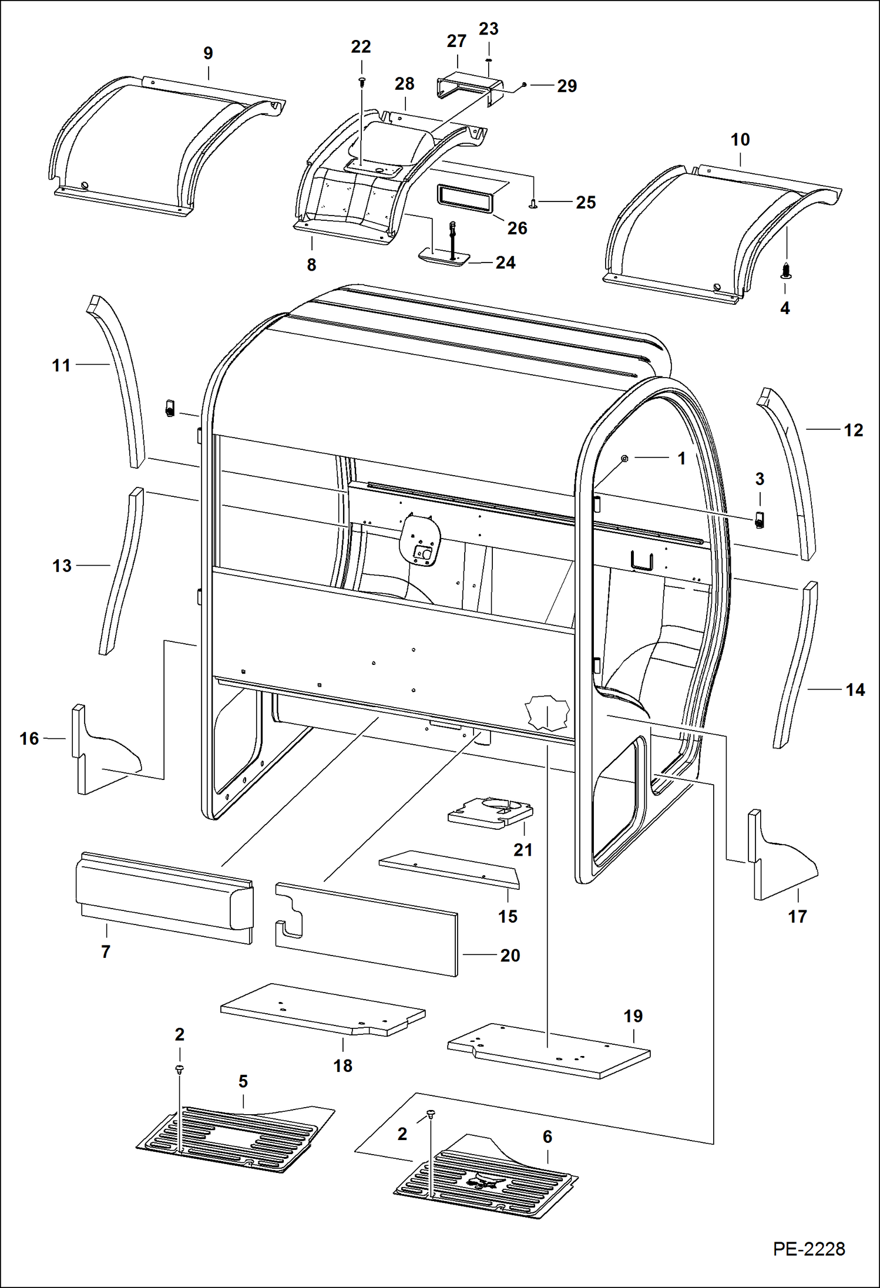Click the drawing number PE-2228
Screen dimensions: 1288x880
tap(808, 1249)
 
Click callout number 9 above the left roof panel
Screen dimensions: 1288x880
tap(208, 53)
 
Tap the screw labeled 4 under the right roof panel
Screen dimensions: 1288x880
tap(786, 271)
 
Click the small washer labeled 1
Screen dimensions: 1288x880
tap(624, 458)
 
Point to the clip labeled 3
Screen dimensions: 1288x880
tap(759, 520)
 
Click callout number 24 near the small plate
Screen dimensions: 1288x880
tap(505, 263)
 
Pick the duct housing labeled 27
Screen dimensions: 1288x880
tap(467, 88)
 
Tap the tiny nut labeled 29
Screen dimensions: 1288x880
tap(524, 86)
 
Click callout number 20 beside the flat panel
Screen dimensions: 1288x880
tap(510, 956)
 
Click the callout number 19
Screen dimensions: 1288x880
tap(633, 1016)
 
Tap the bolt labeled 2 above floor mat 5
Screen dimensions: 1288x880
tap(179, 1070)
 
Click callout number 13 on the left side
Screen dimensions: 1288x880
tap(62, 566)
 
